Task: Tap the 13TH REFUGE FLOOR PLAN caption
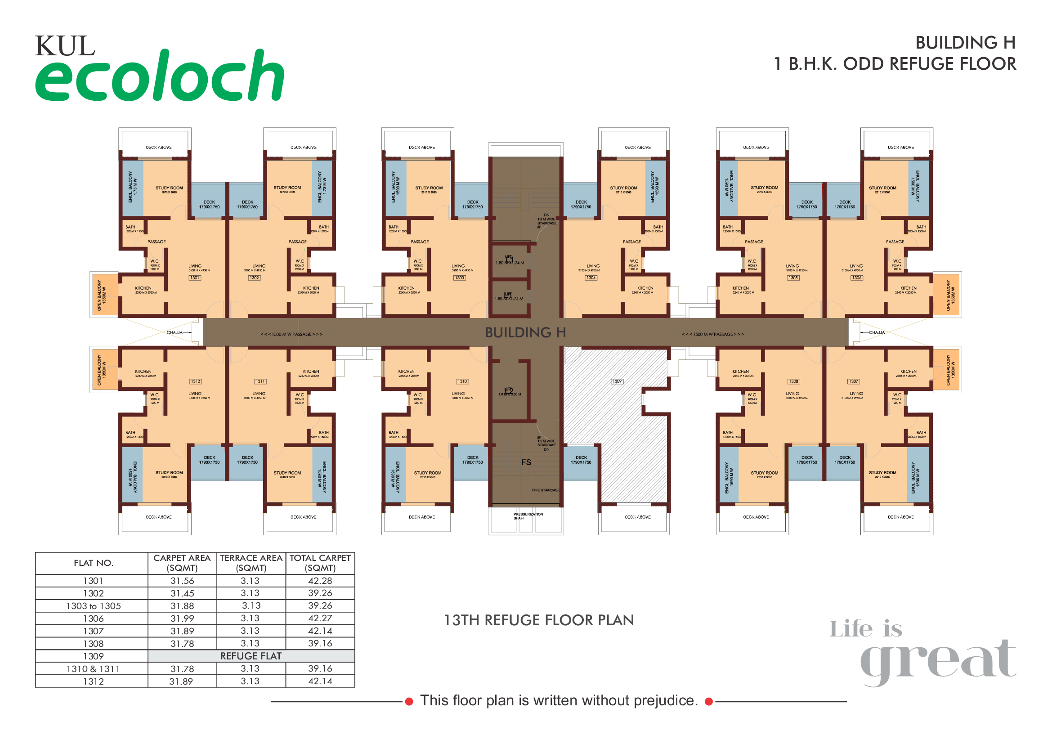(538, 620)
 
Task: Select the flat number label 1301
(195, 278)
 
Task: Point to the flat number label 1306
(856, 278)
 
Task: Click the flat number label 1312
(196, 381)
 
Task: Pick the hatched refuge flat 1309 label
(617, 381)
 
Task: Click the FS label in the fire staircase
(526, 462)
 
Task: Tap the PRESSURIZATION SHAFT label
(528, 516)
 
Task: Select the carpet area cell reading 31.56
(182, 581)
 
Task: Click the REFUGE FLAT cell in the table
(251, 656)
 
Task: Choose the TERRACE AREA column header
(251, 563)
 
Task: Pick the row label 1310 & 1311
(93, 669)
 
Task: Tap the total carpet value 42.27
(320, 619)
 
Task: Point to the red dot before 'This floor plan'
(409, 701)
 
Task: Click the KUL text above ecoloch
(65, 46)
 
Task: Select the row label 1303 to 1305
(93, 606)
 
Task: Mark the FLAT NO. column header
(93, 563)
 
